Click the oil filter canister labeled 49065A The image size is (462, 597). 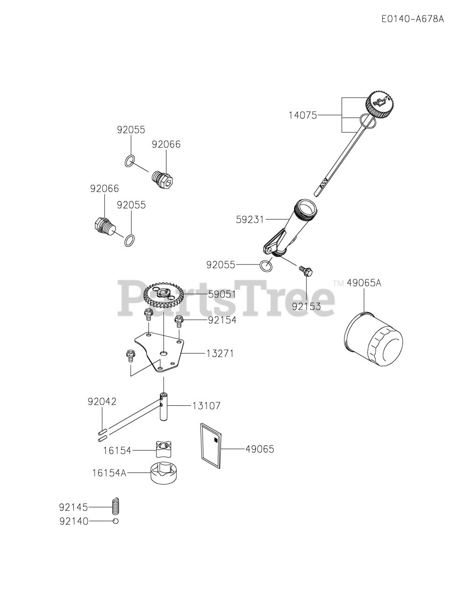372,340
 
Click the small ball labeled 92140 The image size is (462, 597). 116,521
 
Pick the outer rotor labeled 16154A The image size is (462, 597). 163,473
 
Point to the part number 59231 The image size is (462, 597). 251,218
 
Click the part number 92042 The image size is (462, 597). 102,402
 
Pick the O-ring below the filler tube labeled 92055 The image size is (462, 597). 266,265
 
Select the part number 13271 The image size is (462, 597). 220,354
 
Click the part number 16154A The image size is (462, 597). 109,473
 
